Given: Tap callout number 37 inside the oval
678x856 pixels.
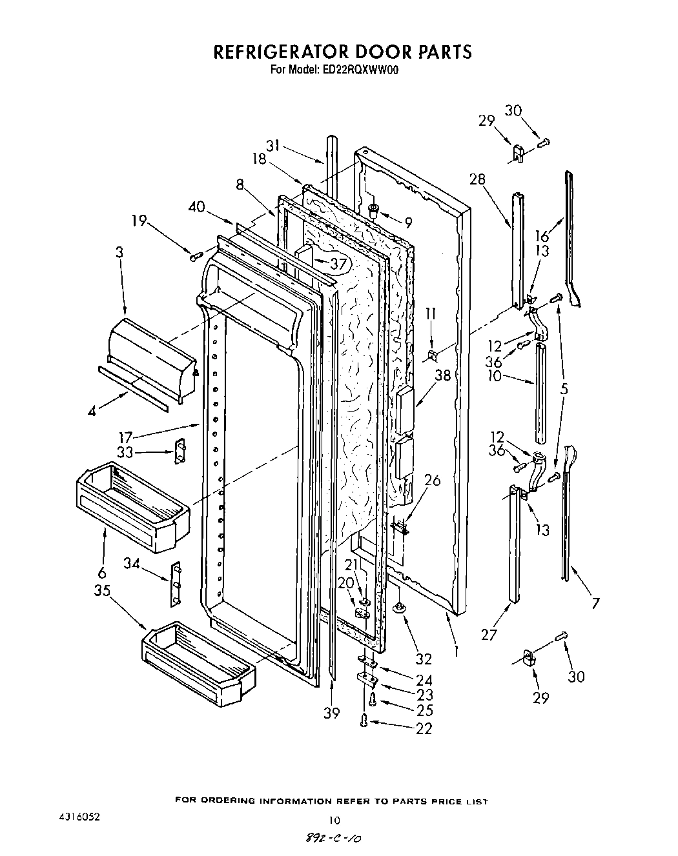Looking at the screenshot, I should pyautogui.click(x=338, y=263).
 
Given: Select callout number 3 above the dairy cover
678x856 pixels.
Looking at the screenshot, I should pyautogui.click(x=119, y=252).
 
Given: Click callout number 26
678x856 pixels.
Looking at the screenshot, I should pyautogui.click(x=433, y=480).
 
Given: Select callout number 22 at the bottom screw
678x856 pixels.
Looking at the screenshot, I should pyautogui.click(x=424, y=728).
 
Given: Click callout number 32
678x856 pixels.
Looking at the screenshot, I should pyautogui.click(x=424, y=659).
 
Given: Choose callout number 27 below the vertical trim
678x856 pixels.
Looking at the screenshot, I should pyautogui.click(x=489, y=635).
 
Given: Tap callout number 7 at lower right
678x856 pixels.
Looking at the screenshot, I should pyautogui.click(x=595, y=603).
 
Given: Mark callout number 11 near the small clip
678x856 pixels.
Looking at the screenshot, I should pyautogui.click(x=431, y=314).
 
